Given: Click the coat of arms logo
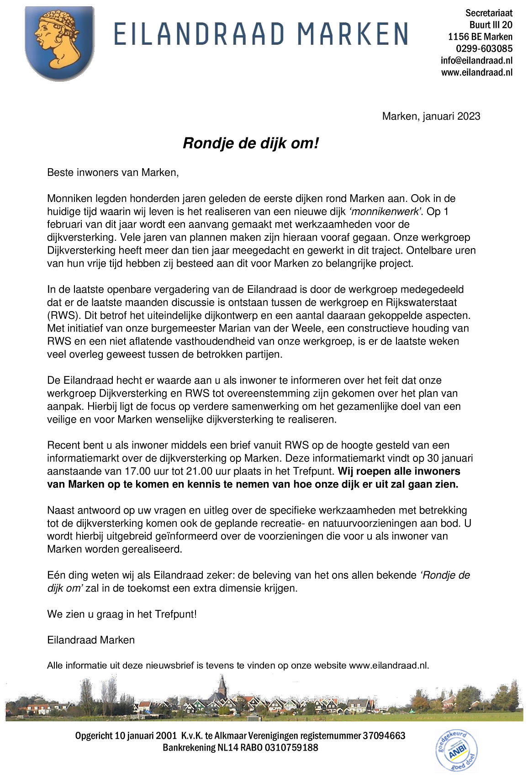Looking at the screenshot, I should pos(59,43).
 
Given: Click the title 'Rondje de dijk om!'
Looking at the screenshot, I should pos(250,143).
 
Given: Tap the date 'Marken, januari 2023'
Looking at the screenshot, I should pos(431,116).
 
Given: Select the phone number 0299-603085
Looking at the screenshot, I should pos(484,48).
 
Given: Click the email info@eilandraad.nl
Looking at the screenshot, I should pos(476,60).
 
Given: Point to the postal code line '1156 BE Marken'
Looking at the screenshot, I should pos(480,37).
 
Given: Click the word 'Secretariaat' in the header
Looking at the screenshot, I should pos(489,13).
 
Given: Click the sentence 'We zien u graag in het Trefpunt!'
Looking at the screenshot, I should pos(122,614).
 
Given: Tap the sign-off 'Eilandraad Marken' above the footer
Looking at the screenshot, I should pos(91,640).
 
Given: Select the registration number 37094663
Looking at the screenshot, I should pos(384,736).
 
